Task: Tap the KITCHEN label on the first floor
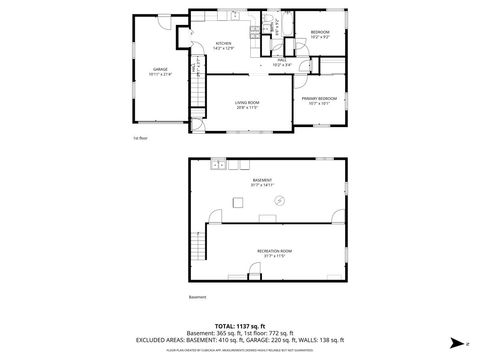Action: pyautogui.click(x=224, y=44)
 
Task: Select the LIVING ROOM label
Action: pyautogui.click(x=247, y=102)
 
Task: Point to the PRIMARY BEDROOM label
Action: pyautogui.click(x=319, y=98)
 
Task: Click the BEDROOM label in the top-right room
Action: pyautogui.click(x=319, y=33)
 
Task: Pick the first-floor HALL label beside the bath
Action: pyautogui.click(x=282, y=60)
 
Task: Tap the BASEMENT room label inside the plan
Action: pyautogui.click(x=263, y=180)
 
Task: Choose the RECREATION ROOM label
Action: pyautogui.click(x=273, y=250)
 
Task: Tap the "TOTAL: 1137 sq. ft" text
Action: pyautogui.click(x=240, y=326)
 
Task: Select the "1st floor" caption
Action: pyautogui.click(x=141, y=137)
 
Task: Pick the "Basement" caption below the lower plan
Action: pyautogui.click(x=198, y=297)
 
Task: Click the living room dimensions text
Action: pyautogui.click(x=247, y=108)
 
